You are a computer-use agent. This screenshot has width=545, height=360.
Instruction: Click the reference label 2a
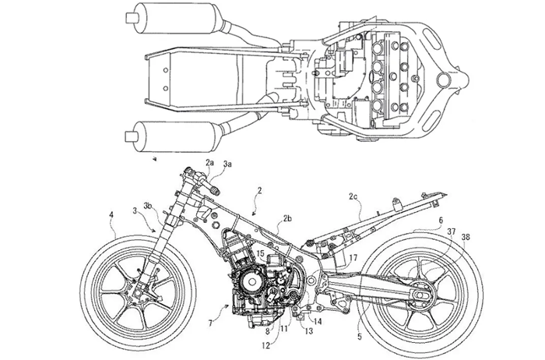pyautogui.click(x=210, y=161)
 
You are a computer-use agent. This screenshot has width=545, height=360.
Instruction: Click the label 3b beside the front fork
pyautogui.click(x=148, y=206)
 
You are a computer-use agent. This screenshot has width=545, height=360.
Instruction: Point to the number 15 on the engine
pyautogui.click(x=262, y=255)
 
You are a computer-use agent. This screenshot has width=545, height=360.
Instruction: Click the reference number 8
pyautogui.click(x=267, y=330)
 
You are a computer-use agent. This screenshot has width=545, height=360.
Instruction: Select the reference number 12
pyautogui.click(x=267, y=344)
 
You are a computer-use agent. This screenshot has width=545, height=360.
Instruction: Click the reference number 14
pyautogui.click(x=318, y=319)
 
